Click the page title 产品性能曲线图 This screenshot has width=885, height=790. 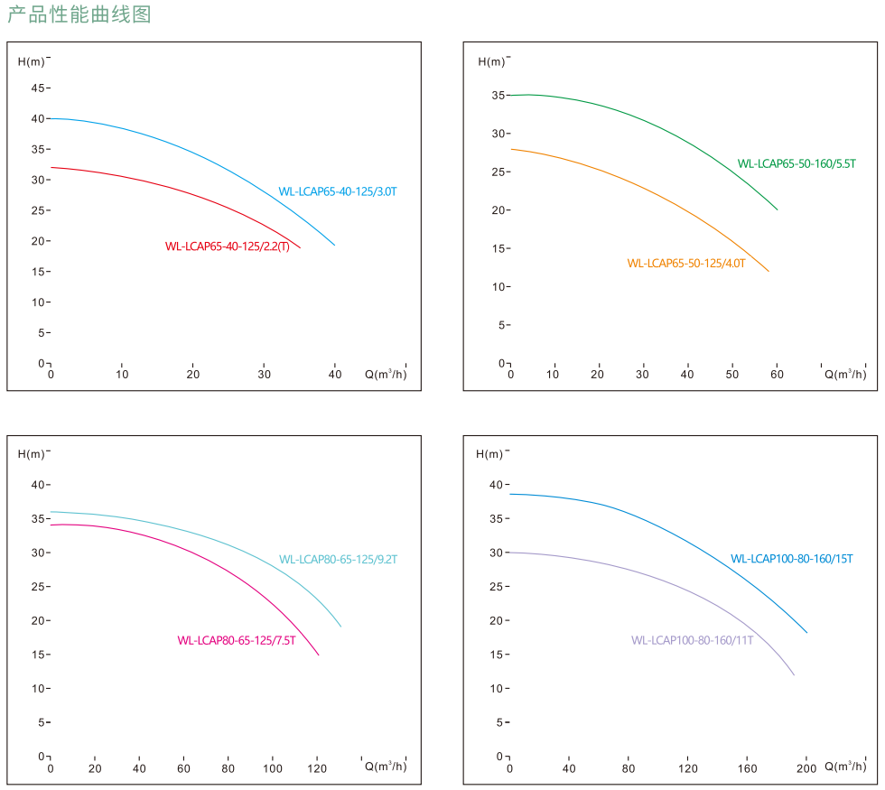[79, 14]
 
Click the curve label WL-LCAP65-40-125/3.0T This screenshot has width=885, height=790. [337, 191]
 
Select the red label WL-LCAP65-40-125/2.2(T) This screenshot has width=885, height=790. [228, 246]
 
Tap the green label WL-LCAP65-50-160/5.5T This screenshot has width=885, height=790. [796, 163]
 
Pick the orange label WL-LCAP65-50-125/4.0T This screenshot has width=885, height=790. [686, 264]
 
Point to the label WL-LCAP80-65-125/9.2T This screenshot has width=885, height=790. [338, 560]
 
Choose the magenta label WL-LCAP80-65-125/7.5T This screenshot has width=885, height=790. [237, 641]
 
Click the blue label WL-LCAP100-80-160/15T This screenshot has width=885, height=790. [791, 559]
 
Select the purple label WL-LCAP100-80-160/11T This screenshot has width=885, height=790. [692, 640]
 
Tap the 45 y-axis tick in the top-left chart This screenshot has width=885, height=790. [38, 88]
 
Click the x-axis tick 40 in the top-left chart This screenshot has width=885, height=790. [336, 375]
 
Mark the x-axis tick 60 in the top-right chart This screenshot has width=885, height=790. [777, 375]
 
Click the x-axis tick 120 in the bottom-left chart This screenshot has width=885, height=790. [317, 768]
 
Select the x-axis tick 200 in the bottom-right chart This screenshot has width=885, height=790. [806, 768]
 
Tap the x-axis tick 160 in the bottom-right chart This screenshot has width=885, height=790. [747, 768]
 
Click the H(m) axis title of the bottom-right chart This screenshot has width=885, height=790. [489, 454]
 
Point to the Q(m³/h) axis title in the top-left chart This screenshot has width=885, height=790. [386, 374]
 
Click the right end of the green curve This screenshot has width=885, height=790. [777, 209]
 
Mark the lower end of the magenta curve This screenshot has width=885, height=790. [319, 655]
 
